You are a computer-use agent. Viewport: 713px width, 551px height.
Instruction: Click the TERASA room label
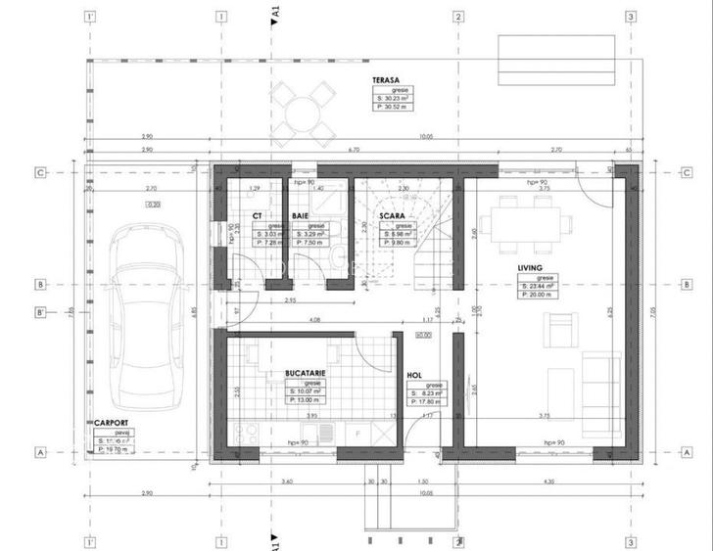click(x=385, y=81)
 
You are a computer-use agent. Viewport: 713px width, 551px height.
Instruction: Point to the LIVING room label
click(x=532, y=266)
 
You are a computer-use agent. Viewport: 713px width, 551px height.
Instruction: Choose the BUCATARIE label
click(x=305, y=373)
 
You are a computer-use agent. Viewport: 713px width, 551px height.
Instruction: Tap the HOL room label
click(x=413, y=375)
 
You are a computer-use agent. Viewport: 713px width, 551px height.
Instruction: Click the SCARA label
click(x=393, y=215)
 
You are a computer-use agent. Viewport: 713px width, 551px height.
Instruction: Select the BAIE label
click(x=300, y=215)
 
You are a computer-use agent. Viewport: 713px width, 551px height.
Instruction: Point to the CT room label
click(x=257, y=215)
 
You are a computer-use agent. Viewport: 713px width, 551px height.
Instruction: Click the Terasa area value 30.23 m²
click(x=395, y=99)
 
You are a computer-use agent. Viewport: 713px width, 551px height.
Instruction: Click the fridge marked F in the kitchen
click(x=358, y=432)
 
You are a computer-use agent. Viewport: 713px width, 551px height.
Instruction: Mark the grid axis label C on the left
click(x=40, y=172)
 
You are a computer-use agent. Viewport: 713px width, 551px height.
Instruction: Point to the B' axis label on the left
click(x=40, y=313)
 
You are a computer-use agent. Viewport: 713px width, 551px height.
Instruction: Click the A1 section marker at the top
click(x=276, y=12)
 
